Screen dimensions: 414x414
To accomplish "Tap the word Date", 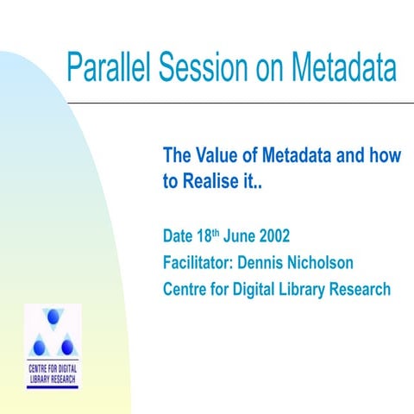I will coord(179,235).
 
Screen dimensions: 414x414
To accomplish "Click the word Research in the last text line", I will coord(356,289).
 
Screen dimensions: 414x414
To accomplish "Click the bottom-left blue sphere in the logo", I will coord(40,347).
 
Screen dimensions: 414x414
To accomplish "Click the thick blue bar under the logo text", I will coord(53,386).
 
